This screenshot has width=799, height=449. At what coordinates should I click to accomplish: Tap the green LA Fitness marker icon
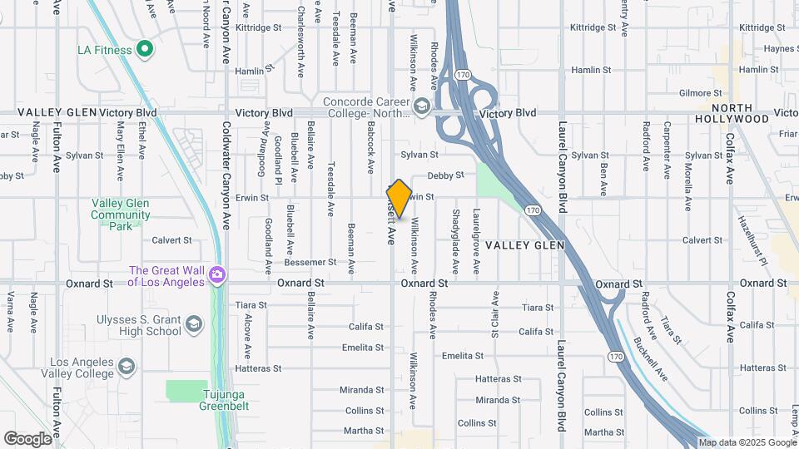point(146,50)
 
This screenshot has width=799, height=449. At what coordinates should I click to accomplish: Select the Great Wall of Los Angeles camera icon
point(217,274)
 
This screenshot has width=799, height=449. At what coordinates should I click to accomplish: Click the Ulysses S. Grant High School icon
point(193,323)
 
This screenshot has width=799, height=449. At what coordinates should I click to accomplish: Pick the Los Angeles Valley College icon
point(126,366)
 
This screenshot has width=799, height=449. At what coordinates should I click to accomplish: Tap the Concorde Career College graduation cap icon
point(422,105)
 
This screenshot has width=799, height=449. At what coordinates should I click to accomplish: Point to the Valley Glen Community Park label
point(121,215)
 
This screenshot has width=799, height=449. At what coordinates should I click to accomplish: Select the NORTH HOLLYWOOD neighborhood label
point(732,113)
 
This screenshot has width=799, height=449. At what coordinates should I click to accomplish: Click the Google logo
point(27,439)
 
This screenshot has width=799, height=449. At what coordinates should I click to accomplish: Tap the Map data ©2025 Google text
point(747,442)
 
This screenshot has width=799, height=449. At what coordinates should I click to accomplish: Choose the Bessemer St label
point(310,262)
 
